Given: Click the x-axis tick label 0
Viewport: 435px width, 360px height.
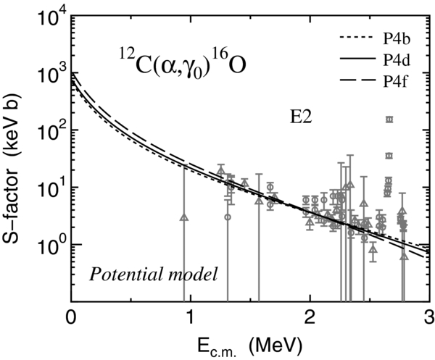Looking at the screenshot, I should pyautogui.click(x=70, y=317).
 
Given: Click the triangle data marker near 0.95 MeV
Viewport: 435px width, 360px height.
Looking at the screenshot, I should pyautogui.click(x=184, y=217).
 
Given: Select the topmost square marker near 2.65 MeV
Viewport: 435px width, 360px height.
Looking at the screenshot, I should pyautogui.click(x=389, y=120).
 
